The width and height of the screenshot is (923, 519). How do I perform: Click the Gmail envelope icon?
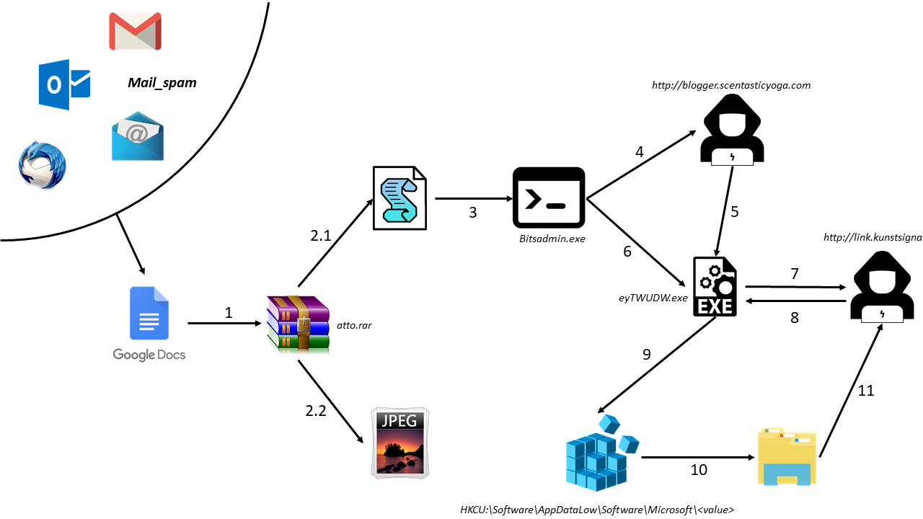pyautogui.click(x=135, y=31)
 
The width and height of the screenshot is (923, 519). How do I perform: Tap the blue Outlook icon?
pyautogui.click(x=64, y=84)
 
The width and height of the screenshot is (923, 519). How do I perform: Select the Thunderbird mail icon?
pyautogui.click(x=42, y=165)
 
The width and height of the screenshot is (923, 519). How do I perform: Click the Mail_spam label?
pyautogui.click(x=162, y=83)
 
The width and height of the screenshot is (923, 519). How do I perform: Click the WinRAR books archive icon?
pyautogui.click(x=298, y=324)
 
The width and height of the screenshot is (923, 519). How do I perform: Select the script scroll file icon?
pyautogui.click(x=399, y=198)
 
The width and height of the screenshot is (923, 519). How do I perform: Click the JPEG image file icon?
pyautogui.click(x=399, y=442)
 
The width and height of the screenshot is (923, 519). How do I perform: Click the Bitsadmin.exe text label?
pyautogui.click(x=552, y=237)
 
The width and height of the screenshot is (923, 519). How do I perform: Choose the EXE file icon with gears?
pyautogui.click(x=715, y=286)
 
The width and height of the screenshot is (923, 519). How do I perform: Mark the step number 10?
pyautogui.click(x=699, y=470)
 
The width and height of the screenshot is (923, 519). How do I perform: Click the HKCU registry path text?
pyautogui.click(x=597, y=510)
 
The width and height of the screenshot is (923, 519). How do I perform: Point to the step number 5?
pyautogui.click(x=735, y=212)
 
